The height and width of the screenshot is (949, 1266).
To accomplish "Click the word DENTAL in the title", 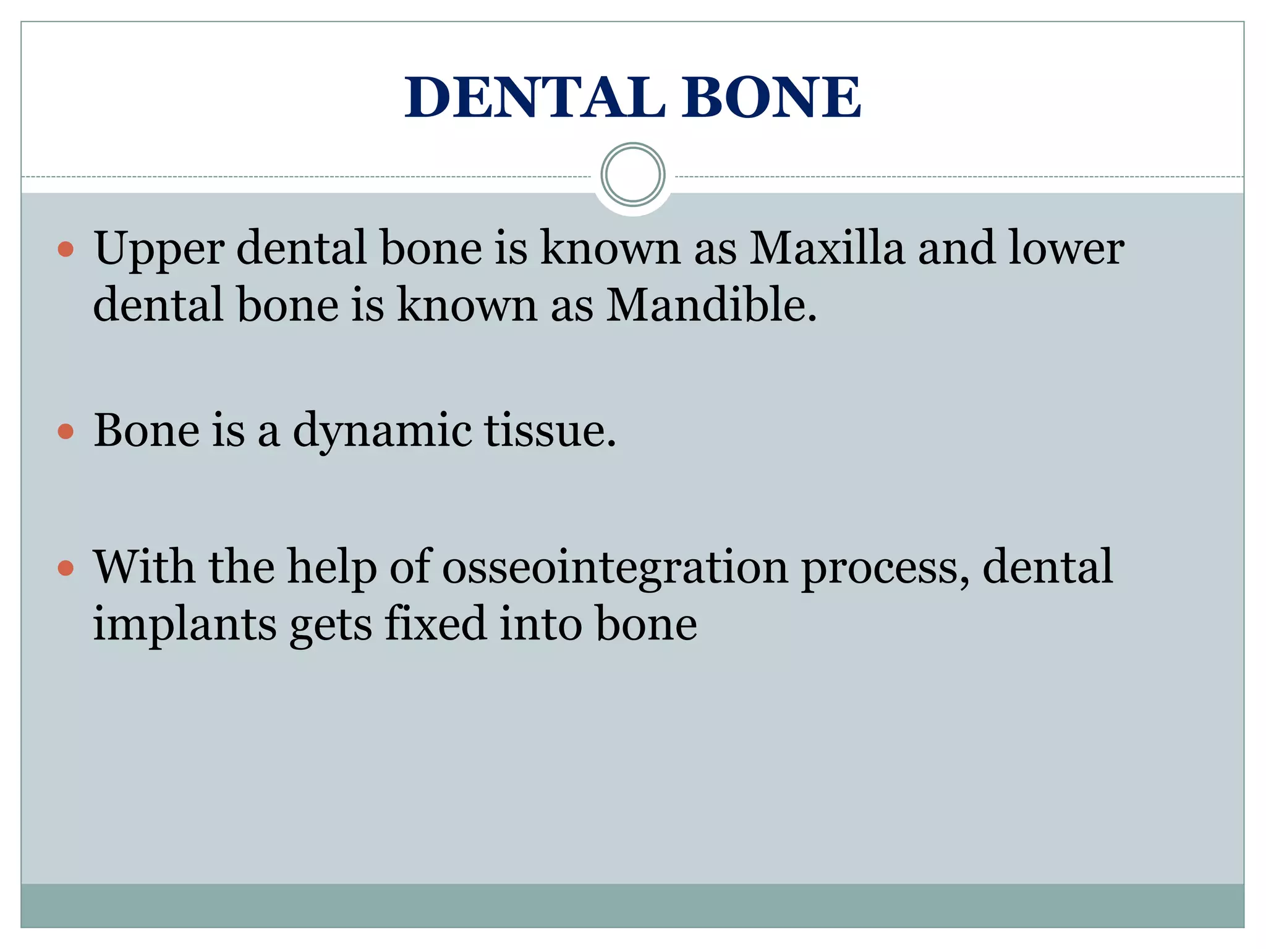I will [x=535, y=98].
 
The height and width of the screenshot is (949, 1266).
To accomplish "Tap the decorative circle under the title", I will [x=632, y=174].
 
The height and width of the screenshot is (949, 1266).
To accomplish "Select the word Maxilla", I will [x=826, y=248].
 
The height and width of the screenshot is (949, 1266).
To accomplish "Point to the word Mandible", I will [x=711, y=306].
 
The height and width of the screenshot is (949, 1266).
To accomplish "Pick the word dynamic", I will [x=382, y=431].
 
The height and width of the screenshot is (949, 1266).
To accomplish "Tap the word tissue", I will [x=550, y=431].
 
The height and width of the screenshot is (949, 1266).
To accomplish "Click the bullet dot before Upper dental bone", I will [x=66, y=250].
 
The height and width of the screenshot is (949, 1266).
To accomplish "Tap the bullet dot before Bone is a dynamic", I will [x=66, y=431].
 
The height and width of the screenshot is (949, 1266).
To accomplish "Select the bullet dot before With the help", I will [x=66, y=568].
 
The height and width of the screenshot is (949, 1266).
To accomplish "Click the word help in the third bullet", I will [x=331, y=568].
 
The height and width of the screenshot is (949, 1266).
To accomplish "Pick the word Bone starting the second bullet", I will [x=147, y=431].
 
